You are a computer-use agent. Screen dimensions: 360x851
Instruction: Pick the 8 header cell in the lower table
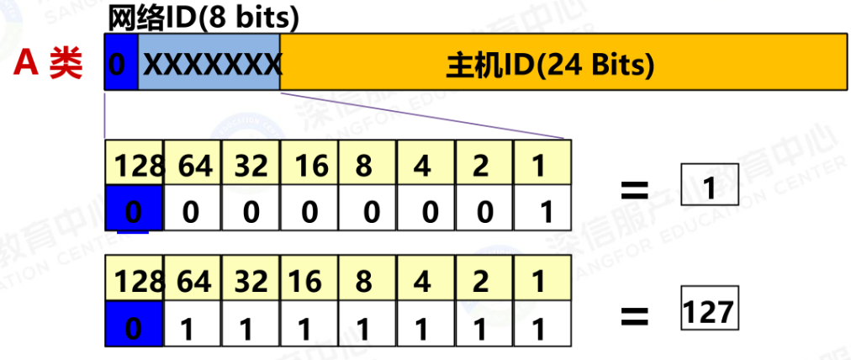364,280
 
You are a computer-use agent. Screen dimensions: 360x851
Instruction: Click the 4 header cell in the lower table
423,280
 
